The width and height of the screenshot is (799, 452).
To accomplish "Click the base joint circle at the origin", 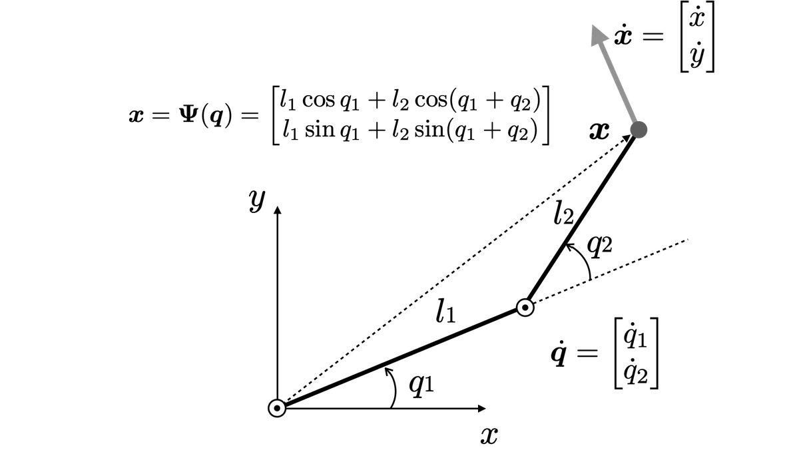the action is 277,408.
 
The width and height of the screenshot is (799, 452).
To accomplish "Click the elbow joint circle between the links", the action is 525,308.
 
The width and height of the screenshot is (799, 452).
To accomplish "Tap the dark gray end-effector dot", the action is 639,130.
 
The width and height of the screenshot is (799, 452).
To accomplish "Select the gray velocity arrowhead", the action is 599,35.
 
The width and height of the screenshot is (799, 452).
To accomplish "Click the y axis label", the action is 257,200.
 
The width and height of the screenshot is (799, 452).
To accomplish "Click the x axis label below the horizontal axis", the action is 489,435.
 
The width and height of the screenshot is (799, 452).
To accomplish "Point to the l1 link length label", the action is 445,312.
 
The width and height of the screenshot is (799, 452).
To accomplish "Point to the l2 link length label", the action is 563,212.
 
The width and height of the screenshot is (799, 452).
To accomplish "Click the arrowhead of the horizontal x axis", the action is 482,408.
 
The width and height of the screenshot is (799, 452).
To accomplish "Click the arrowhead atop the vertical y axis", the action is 278,210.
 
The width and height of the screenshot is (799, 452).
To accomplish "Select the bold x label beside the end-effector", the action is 599,131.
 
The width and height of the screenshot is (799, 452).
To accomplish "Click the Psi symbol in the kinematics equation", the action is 188,115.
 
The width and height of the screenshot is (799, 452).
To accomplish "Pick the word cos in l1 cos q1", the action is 318,100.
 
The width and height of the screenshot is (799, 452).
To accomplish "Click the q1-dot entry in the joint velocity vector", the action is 635,336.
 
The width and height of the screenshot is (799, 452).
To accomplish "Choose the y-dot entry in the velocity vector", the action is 696,54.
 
